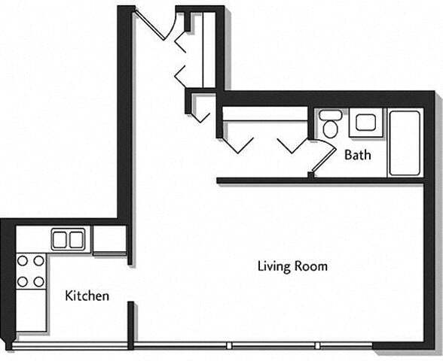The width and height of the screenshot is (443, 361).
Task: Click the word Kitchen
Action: point(87,296)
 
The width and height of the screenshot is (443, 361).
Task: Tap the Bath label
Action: point(357,156)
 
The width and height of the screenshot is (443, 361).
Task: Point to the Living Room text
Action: point(292,265)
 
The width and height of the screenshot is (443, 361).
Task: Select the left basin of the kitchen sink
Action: point(60,240)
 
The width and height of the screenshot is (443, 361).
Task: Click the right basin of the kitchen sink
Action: point(76,240)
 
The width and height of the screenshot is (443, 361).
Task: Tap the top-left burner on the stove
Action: point(22,262)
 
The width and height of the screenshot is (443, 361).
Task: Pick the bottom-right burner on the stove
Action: point(38,281)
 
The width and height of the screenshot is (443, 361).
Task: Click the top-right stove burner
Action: point(38,262)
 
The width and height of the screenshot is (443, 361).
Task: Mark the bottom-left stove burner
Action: point(22,281)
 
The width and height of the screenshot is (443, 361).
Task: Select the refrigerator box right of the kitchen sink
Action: point(109,240)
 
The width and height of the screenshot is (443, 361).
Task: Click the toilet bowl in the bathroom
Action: point(329,129)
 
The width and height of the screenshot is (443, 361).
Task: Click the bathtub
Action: point(405,142)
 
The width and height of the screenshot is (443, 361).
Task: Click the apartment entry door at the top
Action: point(154,23)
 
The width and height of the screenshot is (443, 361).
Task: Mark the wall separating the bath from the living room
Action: point(324,180)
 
